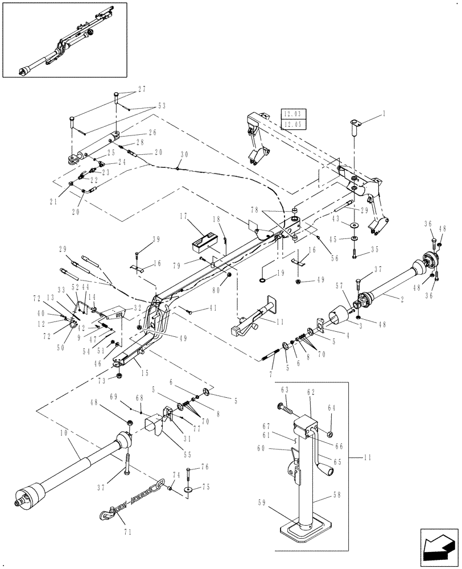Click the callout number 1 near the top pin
[x=384, y=114]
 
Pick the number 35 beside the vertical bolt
[x=374, y=249]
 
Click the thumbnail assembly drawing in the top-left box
[x=64, y=40]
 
